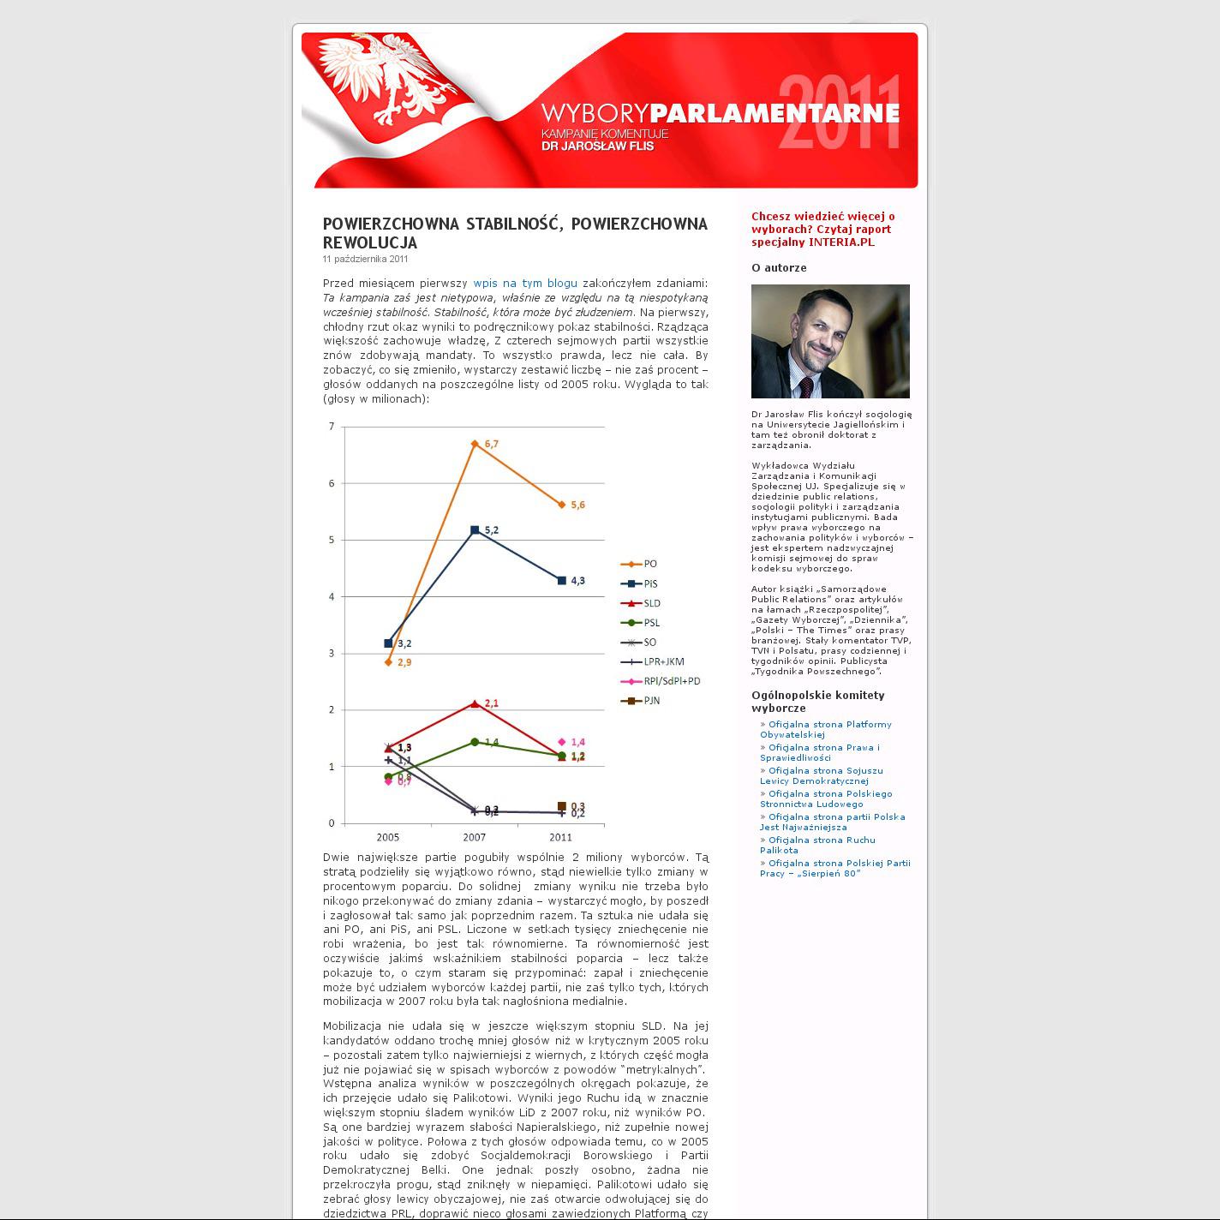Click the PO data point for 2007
(x=475, y=444)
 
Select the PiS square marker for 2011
(x=562, y=581)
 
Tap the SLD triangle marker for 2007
(x=475, y=704)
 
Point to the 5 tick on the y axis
(x=332, y=540)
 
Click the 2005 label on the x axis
(x=388, y=837)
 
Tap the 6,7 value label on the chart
(x=492, y=444)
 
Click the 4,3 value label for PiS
(x=577, y=581)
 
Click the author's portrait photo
(x=830, y=341)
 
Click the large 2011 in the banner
(x=840, y=111)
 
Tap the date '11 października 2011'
(x=365, y=259)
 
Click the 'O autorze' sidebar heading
(x=779, y=267)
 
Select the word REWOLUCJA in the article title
(x=370, y=242)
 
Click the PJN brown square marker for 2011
(x=562, y=806)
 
